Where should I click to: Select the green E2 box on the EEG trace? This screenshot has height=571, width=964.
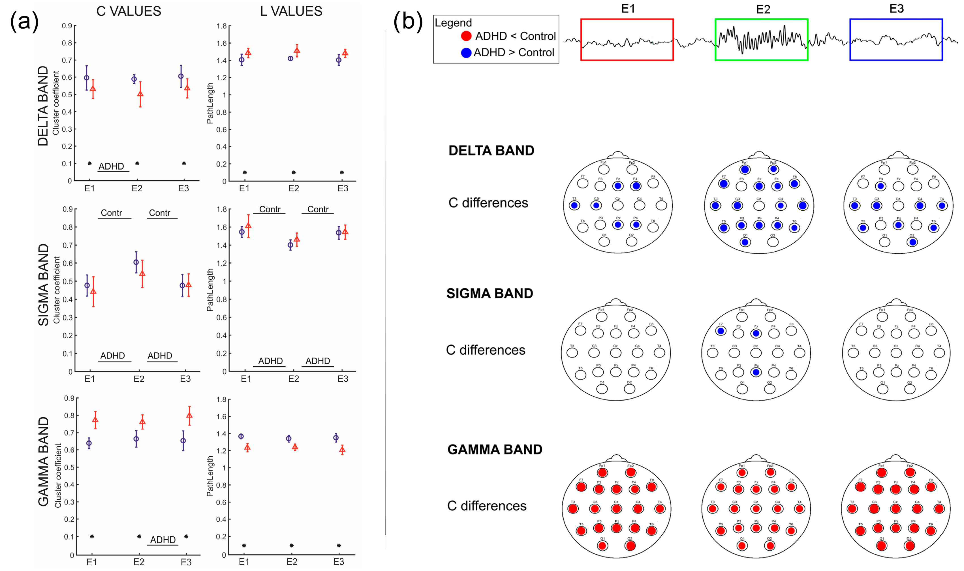(x=761, y=40)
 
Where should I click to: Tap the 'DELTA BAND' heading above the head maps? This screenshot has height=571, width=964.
(x=491, y=150)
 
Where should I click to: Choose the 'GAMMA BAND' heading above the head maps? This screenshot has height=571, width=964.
(x=495, y=450)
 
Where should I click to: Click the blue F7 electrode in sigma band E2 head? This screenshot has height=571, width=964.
(x=721, y=331)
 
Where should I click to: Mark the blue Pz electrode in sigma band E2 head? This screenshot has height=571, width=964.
(x=756, y=372)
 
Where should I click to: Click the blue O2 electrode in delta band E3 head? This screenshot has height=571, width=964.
(x=912, y=242)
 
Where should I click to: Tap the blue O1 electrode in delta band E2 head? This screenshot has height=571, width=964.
(x=745, y=242)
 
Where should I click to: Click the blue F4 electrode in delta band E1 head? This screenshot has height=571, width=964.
(x=636, y=186)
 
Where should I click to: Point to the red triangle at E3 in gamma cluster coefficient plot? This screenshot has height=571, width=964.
(x=189, y=416)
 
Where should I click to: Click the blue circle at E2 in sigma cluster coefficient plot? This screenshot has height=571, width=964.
(x=136, y=262)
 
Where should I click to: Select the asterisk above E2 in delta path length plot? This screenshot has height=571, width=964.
(x=294, y=172)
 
